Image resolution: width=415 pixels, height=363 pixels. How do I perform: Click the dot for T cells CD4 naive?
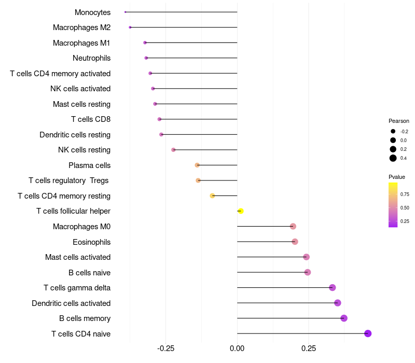[x=368, y=333]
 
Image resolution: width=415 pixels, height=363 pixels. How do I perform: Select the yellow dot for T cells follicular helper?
[x=241, y=211]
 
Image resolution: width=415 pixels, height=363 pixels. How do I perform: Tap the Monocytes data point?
[x=126, y=12]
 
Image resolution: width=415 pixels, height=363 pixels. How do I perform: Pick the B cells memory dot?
[x=344, y=318]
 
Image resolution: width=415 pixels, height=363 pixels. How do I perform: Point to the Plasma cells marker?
[x=197, y=165]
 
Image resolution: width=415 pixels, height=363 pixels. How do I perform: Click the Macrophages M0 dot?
[x=293, y=227]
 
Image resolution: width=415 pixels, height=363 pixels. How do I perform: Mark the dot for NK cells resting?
[x=173, y=150]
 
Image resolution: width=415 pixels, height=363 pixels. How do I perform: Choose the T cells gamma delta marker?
[x=333, y=288]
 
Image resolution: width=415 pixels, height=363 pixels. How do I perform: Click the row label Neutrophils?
[x=91, y=58]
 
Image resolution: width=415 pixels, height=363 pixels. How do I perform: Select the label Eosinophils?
[x=91, y=242]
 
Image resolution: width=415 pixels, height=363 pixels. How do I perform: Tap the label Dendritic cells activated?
[x=71, y=303]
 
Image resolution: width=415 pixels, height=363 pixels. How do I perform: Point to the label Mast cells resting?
[x=81, y=104]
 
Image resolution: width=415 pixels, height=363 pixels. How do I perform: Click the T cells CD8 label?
[x=91, y=119]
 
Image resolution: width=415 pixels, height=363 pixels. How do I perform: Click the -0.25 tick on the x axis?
[x=165, y=348]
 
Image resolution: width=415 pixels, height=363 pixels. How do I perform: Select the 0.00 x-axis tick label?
[x=237, y=348]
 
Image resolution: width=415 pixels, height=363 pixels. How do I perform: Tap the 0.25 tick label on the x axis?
[x=308, y=348]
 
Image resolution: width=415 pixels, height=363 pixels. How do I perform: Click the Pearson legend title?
[x=399, y=121]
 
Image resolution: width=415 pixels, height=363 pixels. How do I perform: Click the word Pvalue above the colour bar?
[x=397, y=177]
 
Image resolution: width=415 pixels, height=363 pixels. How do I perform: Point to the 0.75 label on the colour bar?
[x=405, y=194]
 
